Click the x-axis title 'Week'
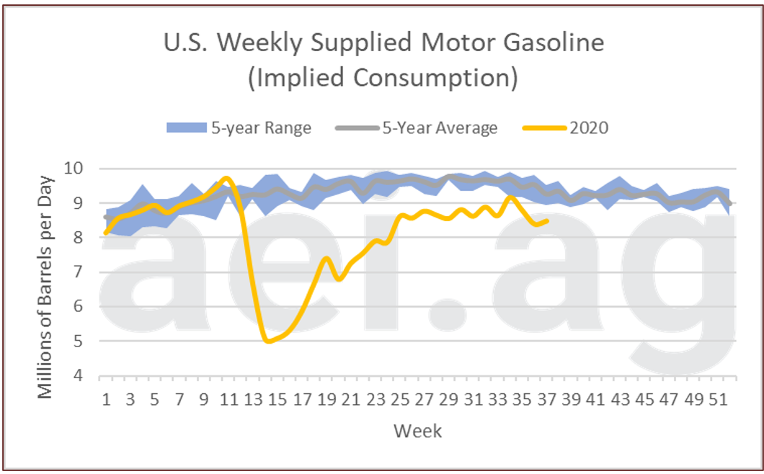click(418, 431)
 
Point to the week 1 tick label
click(107, 399)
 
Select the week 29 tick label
click(450, 399)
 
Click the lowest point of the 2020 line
click(269, 341)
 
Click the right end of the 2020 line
click(548, 221)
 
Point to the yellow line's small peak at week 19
click(327, 258)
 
